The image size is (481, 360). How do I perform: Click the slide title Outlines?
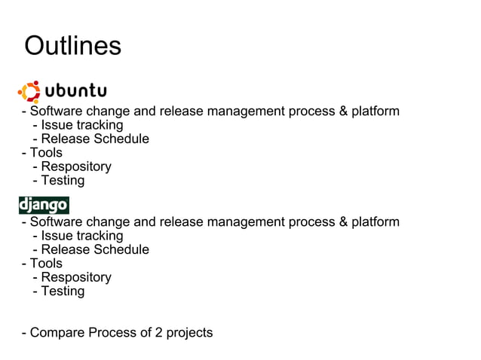pos(72,46)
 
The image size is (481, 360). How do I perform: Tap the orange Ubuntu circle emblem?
pos(30,92)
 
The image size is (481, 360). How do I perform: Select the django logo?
pos(44,205)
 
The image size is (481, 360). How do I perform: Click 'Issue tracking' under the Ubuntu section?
pos(81,125)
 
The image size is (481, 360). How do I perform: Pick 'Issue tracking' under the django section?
pos(81,236)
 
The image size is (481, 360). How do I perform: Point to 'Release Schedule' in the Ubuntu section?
pos(94,139)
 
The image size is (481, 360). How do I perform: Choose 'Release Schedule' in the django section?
pos(94,249)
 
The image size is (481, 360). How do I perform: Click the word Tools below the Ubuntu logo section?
pos(46,153)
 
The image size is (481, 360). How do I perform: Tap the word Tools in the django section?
pos(46,264)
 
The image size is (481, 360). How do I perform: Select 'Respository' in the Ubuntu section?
pos(76,166)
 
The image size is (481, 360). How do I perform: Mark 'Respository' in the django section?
pos(76,277)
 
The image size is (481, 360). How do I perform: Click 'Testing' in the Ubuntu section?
pos(63,181)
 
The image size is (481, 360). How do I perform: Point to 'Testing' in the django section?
pos(63,291)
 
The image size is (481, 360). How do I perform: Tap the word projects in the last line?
pos(188,333)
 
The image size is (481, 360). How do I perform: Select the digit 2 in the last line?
pos(155,333)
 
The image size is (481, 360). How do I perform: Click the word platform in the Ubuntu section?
pos(375,111)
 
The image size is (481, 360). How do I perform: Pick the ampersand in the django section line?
pos(343,222)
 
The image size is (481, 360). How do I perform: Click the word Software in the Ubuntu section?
pos(57,111)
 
